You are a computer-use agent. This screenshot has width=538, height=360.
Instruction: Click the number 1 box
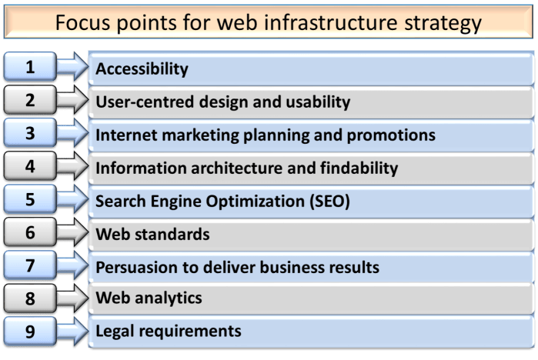click(29, 67)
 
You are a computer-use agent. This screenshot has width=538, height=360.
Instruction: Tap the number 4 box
click(29, 166)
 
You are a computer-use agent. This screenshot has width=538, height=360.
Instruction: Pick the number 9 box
click(29, 332)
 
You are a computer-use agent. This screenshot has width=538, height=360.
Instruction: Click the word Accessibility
click(142, 69)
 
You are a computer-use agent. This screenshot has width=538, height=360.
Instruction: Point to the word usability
click(318, 102)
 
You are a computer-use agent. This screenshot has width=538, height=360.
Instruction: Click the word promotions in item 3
click(394, 135)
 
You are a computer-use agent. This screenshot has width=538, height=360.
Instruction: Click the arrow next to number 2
click(72, 101)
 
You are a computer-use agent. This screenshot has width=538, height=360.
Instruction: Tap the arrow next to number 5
click(72, 200)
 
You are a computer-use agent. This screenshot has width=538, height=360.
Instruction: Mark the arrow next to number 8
click(72, 299)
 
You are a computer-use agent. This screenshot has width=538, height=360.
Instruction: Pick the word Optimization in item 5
click(261, 202)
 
